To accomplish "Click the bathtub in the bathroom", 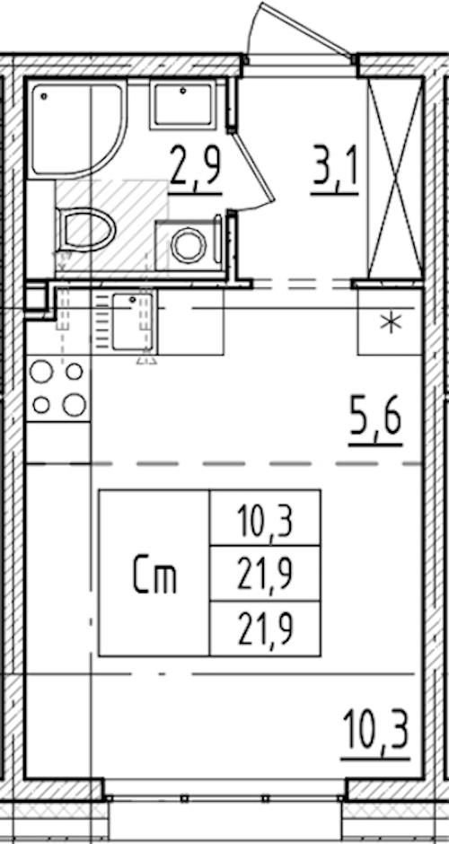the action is (x=77, y=128).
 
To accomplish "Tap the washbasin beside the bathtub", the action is (x=182, y=104).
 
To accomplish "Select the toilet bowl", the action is (x=86, y=229).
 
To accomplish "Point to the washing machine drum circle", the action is (x=189, y=245).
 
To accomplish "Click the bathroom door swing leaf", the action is (x=254, y=166).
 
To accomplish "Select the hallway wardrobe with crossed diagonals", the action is (x=394, y=179).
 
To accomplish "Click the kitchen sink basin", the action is (x=132, y=321).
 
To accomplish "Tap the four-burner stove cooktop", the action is (x=58, y=388).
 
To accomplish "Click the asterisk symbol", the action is (x=391, y=323).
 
